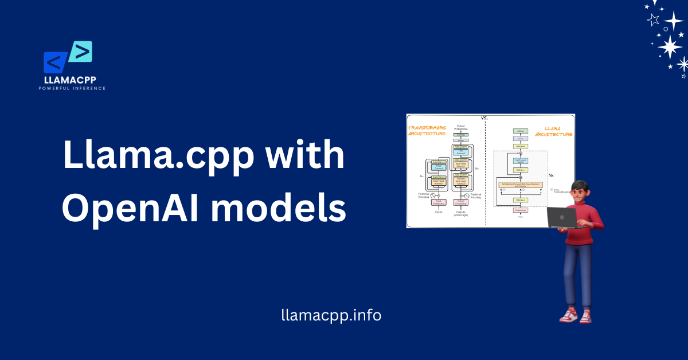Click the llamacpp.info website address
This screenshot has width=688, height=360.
tap(331, 315)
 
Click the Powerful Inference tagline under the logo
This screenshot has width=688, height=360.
tap(72, 88)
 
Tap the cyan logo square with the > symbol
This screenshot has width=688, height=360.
tap(81, 52)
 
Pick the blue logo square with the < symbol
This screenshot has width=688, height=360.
tap(56, 62)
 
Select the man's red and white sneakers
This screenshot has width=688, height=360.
tap(576, 315)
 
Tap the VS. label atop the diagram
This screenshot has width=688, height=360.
tap(485, 118)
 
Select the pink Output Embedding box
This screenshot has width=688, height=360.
tap(460, 202)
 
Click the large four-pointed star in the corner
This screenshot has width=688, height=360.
tap(670, 47)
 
